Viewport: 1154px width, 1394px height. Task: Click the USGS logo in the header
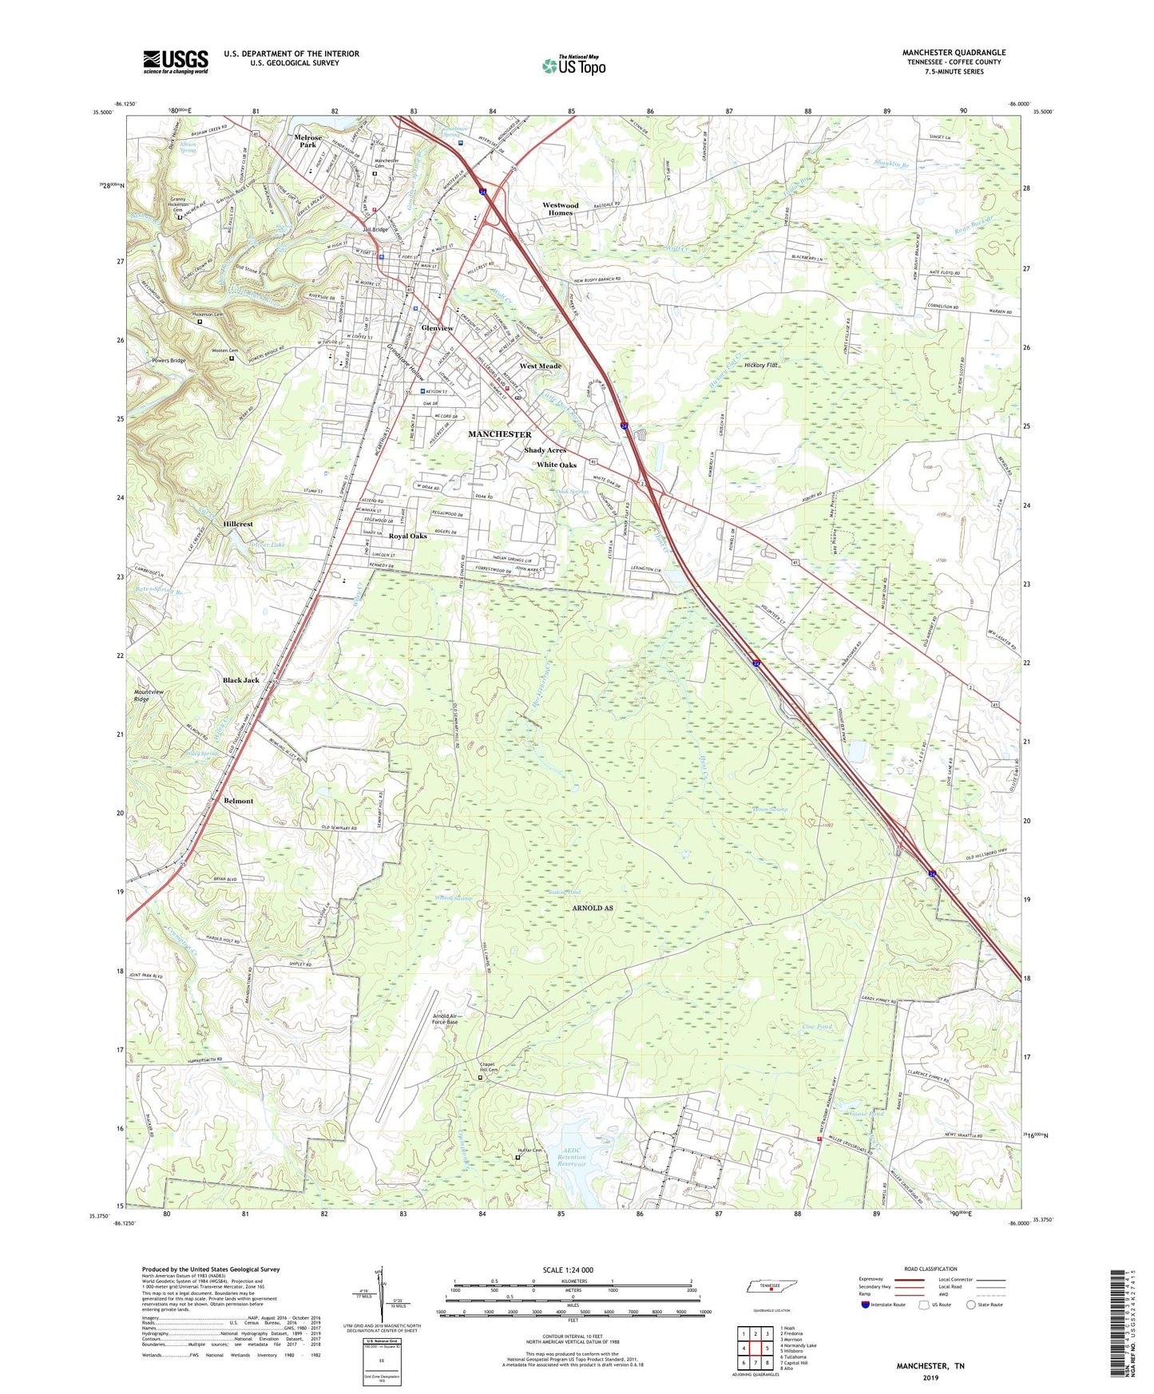tap(176, 61)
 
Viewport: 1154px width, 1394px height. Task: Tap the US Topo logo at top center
tap(574, 65)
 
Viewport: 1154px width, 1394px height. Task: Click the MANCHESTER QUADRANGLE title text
tap(954, 53)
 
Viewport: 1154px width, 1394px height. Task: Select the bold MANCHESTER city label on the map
tap(499, 434)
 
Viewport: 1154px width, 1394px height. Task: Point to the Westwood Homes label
tap(560, 209)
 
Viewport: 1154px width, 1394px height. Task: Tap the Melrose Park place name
tap(307, 141)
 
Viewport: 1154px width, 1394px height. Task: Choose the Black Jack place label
tap(240, 680)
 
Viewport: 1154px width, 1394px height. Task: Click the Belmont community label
tap(238, 801)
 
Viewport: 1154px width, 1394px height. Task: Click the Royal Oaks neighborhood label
tap(407, 536)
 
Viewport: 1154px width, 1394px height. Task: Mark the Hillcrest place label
tap(238, 524)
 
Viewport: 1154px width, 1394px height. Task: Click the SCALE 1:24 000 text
tap(573, 1270)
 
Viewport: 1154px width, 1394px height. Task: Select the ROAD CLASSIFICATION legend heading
tap(930, 1269)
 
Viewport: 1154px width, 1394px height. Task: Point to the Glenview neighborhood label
tap(437, 328)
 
